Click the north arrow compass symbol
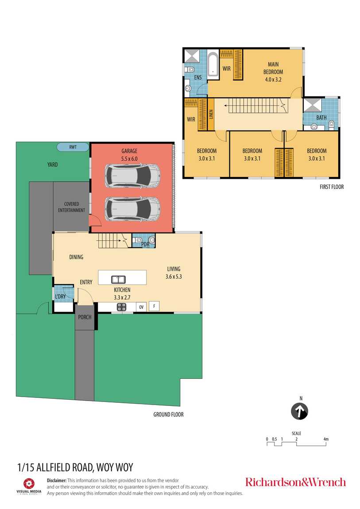coord(299,411)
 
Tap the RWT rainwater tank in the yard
coord(73,147)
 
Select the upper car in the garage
coord(132,175)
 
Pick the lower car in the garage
coord(132,209)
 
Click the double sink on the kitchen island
coord(119,279)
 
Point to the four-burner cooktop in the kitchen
coord(122,307)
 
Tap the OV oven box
coord(141,307)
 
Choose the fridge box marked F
coord(154,306)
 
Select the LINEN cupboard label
coord(211,114)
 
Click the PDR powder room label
coord(145,244)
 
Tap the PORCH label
coord(85,317)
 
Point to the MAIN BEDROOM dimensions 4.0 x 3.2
coord(273,80)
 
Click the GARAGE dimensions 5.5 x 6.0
coord(129,159)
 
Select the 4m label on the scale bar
coord(326,439)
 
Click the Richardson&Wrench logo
coord(295,482)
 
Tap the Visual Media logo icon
coord(29,483)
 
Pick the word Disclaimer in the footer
coord(57,480)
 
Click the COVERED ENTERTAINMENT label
coord(71,207)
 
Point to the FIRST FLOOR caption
coord(331,187)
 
